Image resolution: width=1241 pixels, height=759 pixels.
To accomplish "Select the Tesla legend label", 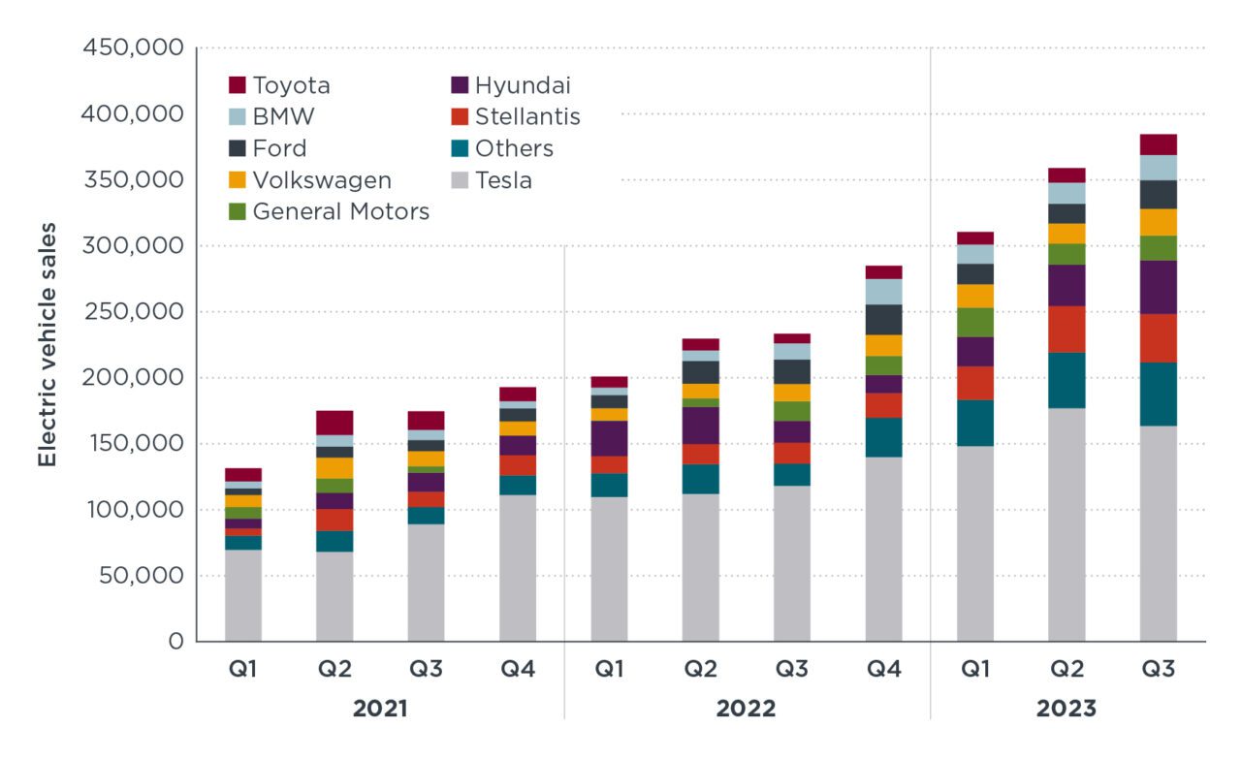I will pos(503,180).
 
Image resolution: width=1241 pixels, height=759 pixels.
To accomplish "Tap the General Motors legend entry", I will pos(340,211).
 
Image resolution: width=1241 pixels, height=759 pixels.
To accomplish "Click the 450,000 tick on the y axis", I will pos(136,47).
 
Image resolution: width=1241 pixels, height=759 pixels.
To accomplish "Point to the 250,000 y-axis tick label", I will pos(136,311).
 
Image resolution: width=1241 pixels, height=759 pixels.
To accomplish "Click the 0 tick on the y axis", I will pos(175,641).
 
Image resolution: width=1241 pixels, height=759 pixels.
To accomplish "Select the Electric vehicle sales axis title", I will pos(47,344).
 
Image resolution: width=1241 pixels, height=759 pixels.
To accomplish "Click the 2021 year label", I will pos(380,709).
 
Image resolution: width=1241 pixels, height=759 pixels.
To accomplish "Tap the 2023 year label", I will pos(1066,709).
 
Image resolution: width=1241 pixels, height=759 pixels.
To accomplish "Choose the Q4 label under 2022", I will pos(883,670).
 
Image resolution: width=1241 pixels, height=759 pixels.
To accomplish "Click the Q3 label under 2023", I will pos(1158,670).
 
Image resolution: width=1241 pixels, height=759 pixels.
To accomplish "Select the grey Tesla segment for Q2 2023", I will pos(1066,523).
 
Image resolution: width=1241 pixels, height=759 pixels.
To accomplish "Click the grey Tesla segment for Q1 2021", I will pos(243,595).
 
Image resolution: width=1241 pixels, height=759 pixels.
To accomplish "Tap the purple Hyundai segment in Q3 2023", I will pos(1158,287).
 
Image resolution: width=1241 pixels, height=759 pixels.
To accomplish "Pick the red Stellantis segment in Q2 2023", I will pos(1066,330).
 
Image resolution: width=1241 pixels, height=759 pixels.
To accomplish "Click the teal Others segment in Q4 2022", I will pos(883,437).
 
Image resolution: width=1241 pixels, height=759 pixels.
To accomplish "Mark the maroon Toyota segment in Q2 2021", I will pos(334,423).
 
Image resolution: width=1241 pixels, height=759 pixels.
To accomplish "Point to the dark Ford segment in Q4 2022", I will pos(883,320).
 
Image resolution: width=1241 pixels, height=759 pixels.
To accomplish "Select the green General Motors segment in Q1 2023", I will pos(974,323).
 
